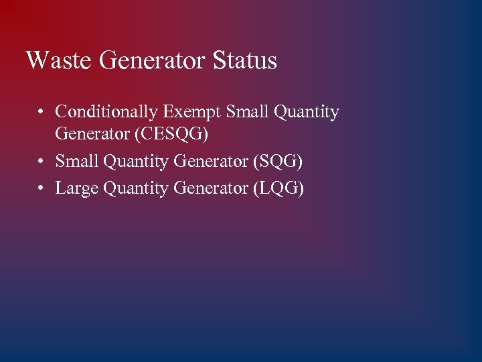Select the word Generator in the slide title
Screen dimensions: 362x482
coord(153,60)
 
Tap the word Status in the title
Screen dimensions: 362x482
coord(245,60)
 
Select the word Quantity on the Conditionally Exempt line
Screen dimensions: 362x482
coord(305,112)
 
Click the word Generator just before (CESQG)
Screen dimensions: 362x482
coord(92,134)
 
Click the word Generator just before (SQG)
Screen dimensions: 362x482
coord(211,162)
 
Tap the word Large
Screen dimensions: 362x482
coord(76,189)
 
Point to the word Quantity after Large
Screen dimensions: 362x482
coord(136,189)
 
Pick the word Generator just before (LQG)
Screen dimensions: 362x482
coord(211,188)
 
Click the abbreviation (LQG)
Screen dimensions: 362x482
coord(278,189)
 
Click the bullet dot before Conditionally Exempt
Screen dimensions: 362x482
coord(42,113)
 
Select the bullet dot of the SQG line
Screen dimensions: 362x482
coord(42,162)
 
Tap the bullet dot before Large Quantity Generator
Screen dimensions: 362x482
coord(42,189)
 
